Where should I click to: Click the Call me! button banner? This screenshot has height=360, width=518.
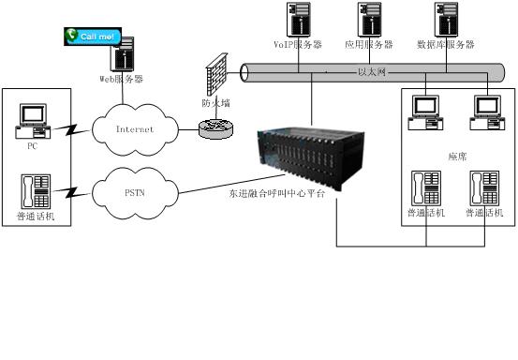tap(93, 37)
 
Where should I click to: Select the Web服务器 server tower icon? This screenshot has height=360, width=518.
tap(123, 54)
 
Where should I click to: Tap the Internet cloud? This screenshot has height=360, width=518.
tap(135, 129)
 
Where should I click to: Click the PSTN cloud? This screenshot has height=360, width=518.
tap(135, 193)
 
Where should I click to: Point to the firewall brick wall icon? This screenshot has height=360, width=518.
tap(216, 74)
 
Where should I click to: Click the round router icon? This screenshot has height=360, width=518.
tap(216, 129)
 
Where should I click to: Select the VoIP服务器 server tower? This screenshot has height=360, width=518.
tap(299, 19)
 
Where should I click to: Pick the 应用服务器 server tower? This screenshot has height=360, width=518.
tap(370, 19)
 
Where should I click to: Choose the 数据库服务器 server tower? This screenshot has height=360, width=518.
tap(446, 19)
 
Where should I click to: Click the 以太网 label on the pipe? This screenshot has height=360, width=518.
tap(372, 72)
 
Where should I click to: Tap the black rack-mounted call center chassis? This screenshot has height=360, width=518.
tap(311, 158)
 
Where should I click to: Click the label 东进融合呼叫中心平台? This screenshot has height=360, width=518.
tap(277, 194)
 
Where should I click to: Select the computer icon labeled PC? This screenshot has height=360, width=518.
tap(33, 121)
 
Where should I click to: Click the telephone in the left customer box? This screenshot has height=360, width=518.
tap(36, 191)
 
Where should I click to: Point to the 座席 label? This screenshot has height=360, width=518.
tap(457, 157)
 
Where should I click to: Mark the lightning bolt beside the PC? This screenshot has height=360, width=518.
tap(71, 130)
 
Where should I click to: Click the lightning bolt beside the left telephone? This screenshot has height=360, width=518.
tap(71, 192)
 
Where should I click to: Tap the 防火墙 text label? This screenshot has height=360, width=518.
tap(216, 103)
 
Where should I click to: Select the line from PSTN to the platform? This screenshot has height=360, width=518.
tap(231, 184)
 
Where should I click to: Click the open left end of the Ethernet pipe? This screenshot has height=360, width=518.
tap(244, 73)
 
